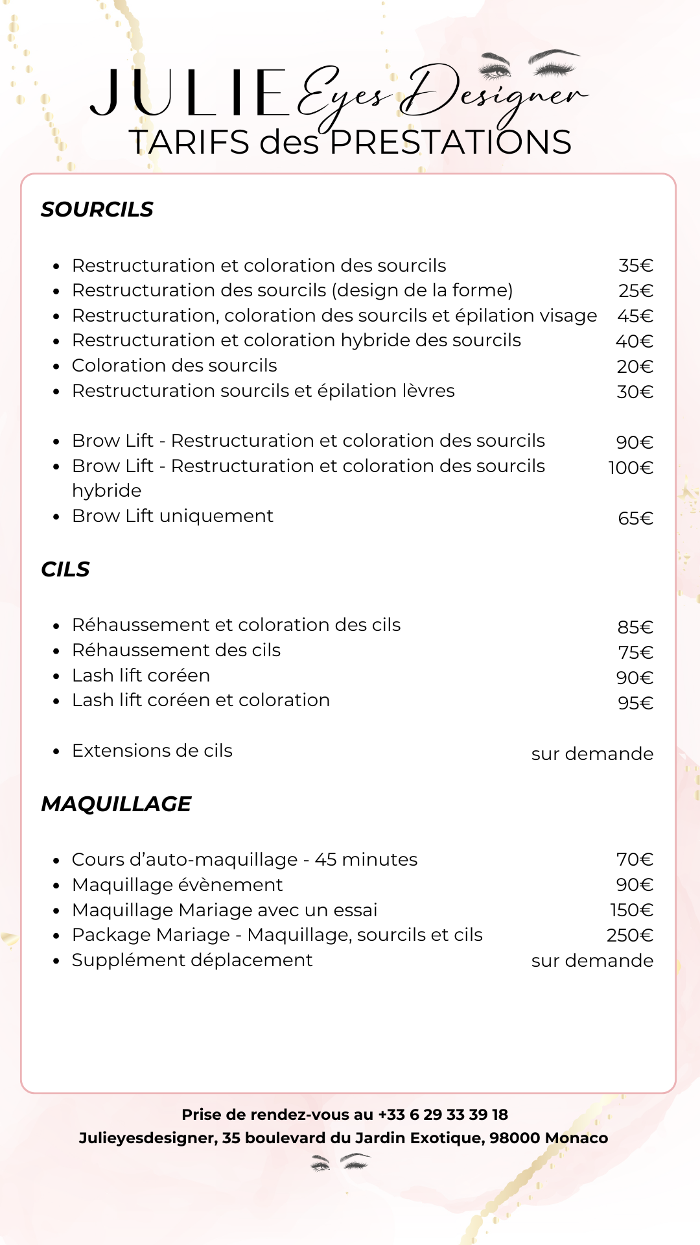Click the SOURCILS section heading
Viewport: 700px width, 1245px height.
(97, 209)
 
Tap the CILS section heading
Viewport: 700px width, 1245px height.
(65, 569)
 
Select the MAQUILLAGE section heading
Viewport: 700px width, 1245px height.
(116, 804)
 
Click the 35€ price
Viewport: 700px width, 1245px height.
(635, 266)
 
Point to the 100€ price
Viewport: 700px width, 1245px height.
(630, 468)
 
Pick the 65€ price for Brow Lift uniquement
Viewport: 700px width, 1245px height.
(635, 518)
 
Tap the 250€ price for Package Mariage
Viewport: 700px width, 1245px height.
(629, 935)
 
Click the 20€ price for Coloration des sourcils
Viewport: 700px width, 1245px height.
(635, 366)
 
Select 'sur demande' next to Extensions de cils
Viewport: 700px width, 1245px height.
(592, 753)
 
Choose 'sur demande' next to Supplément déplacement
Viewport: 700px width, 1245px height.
(592, 960)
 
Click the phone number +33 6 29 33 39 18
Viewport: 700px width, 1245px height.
(443, 1115)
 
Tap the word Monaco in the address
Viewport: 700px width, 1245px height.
(576, 1138)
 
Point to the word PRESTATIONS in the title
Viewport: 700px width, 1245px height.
(450, 143)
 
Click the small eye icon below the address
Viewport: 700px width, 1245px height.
(340, 1162)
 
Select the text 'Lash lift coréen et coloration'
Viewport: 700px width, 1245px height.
(201, 700)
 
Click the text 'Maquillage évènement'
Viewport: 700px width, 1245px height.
(178, 885)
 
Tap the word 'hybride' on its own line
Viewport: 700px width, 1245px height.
(107, 491)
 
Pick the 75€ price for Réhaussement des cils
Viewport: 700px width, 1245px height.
(635, 652)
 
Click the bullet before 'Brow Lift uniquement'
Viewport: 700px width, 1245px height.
(57, 517)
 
